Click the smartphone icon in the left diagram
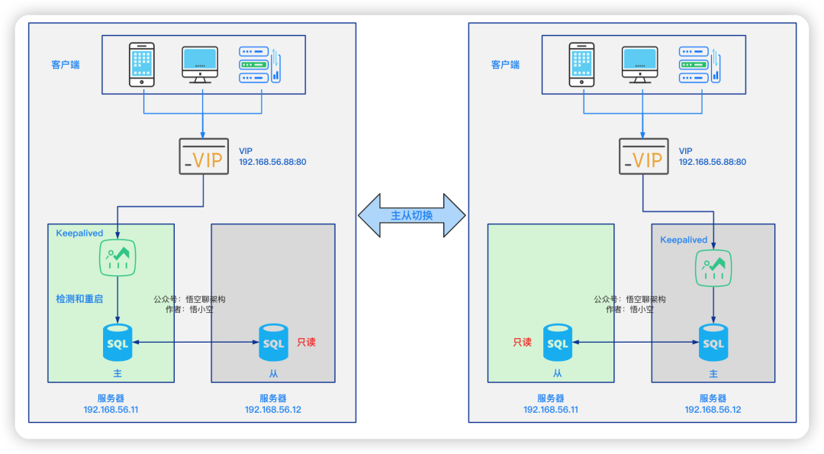coord(142,65)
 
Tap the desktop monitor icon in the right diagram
coord(639,65)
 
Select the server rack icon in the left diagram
coord(259,65)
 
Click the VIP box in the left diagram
coord(204,156)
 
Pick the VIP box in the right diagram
coord(644,156)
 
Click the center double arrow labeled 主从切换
coord(412,215)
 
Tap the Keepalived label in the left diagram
coord(79,233)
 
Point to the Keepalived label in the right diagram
coord(684,240)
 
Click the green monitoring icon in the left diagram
coord(117,257)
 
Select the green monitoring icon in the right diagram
coord(713,268)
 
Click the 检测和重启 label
coord(79,299)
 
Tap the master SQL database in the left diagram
coord(117,343)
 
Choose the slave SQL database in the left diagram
coord(273,343)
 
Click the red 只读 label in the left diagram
coord(307,343)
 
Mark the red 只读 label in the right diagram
coord(523,343)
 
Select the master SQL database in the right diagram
coord(713,343)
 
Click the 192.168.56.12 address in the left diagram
coord(273,410)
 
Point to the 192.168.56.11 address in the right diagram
coord(551,410)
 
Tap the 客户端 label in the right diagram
coord(506,65)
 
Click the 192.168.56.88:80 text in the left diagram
coord(272,162)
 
